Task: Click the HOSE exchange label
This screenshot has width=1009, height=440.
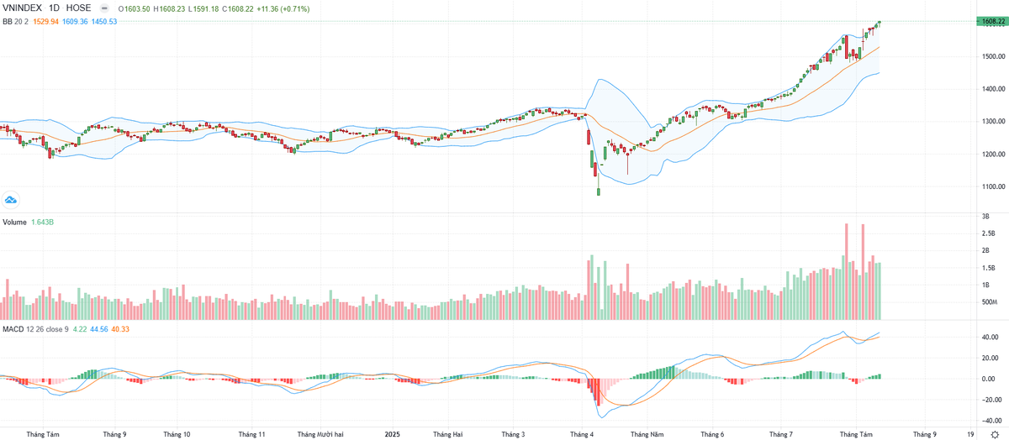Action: tap(79, 8)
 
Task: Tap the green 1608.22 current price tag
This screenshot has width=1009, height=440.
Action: tap(991, 21)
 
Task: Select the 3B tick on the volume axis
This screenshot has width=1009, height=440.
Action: tap(985, 216)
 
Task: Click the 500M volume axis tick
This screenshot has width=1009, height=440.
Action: tap(989, 302)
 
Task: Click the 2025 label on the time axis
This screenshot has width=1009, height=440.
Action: tap(392, 434)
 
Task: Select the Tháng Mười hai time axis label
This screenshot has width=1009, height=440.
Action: tap(320, 434)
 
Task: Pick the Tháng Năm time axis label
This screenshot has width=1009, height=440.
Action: tap(647, 434)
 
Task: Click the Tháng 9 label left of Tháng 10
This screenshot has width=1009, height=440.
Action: tap(114, 434)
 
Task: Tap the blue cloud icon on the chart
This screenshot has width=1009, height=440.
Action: tap(11, 200)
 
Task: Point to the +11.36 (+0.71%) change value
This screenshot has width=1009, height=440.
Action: tap(283, 8)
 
